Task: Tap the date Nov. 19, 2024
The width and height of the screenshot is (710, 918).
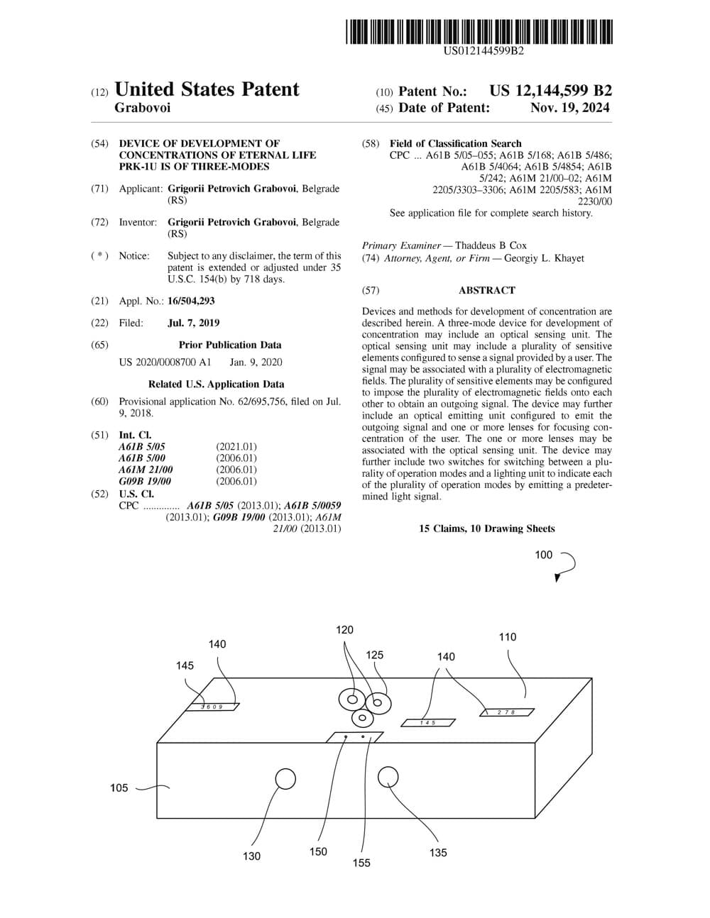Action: click(569, 108)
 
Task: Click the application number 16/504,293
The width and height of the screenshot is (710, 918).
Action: click(191, 301)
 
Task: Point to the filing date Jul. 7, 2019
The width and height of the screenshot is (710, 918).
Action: click(194, 323)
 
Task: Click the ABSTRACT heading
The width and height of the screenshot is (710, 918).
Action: click(487, 290)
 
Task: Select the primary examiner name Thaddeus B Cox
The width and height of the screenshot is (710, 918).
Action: click(491, 245)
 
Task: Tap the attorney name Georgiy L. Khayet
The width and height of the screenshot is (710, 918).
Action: click(544, 258)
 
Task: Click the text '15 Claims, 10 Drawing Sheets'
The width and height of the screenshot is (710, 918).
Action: click(487, 529)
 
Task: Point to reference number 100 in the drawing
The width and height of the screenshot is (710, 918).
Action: click(543, 555)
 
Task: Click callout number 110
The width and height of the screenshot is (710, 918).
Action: click(507, 636)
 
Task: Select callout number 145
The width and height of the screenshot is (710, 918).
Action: click(185, 665)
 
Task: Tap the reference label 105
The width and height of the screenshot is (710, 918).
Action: click(119, 788)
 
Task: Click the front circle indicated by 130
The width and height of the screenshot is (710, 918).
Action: click(285, 778)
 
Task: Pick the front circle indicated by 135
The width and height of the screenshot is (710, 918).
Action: click(388, 777)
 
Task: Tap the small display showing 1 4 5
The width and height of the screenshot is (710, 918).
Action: click(427, 723)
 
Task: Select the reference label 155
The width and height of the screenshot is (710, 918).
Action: click(361, 863)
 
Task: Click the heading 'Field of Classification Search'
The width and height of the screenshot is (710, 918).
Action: click(456, 143)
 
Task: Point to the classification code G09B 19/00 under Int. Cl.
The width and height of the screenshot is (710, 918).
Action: click(145, 481)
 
